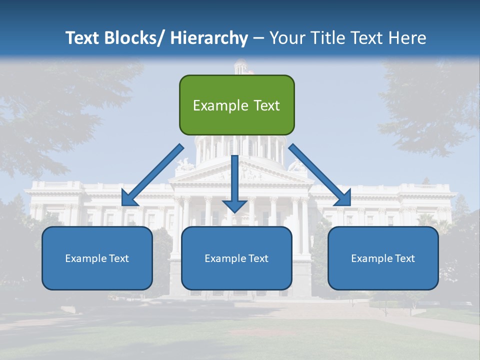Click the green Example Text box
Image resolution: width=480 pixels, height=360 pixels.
pos(236,105)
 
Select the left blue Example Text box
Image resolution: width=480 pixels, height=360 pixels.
pos(97,258)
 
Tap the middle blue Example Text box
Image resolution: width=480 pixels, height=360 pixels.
pos(236,258)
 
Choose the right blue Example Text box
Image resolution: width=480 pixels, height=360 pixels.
pos(383,258)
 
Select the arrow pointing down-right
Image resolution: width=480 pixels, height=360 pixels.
pos(320,175)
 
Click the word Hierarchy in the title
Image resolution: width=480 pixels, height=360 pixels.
pos(209,38)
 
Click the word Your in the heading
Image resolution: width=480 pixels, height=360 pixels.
pos(286,38)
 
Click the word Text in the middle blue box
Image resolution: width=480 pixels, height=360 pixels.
pos(258,258)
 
